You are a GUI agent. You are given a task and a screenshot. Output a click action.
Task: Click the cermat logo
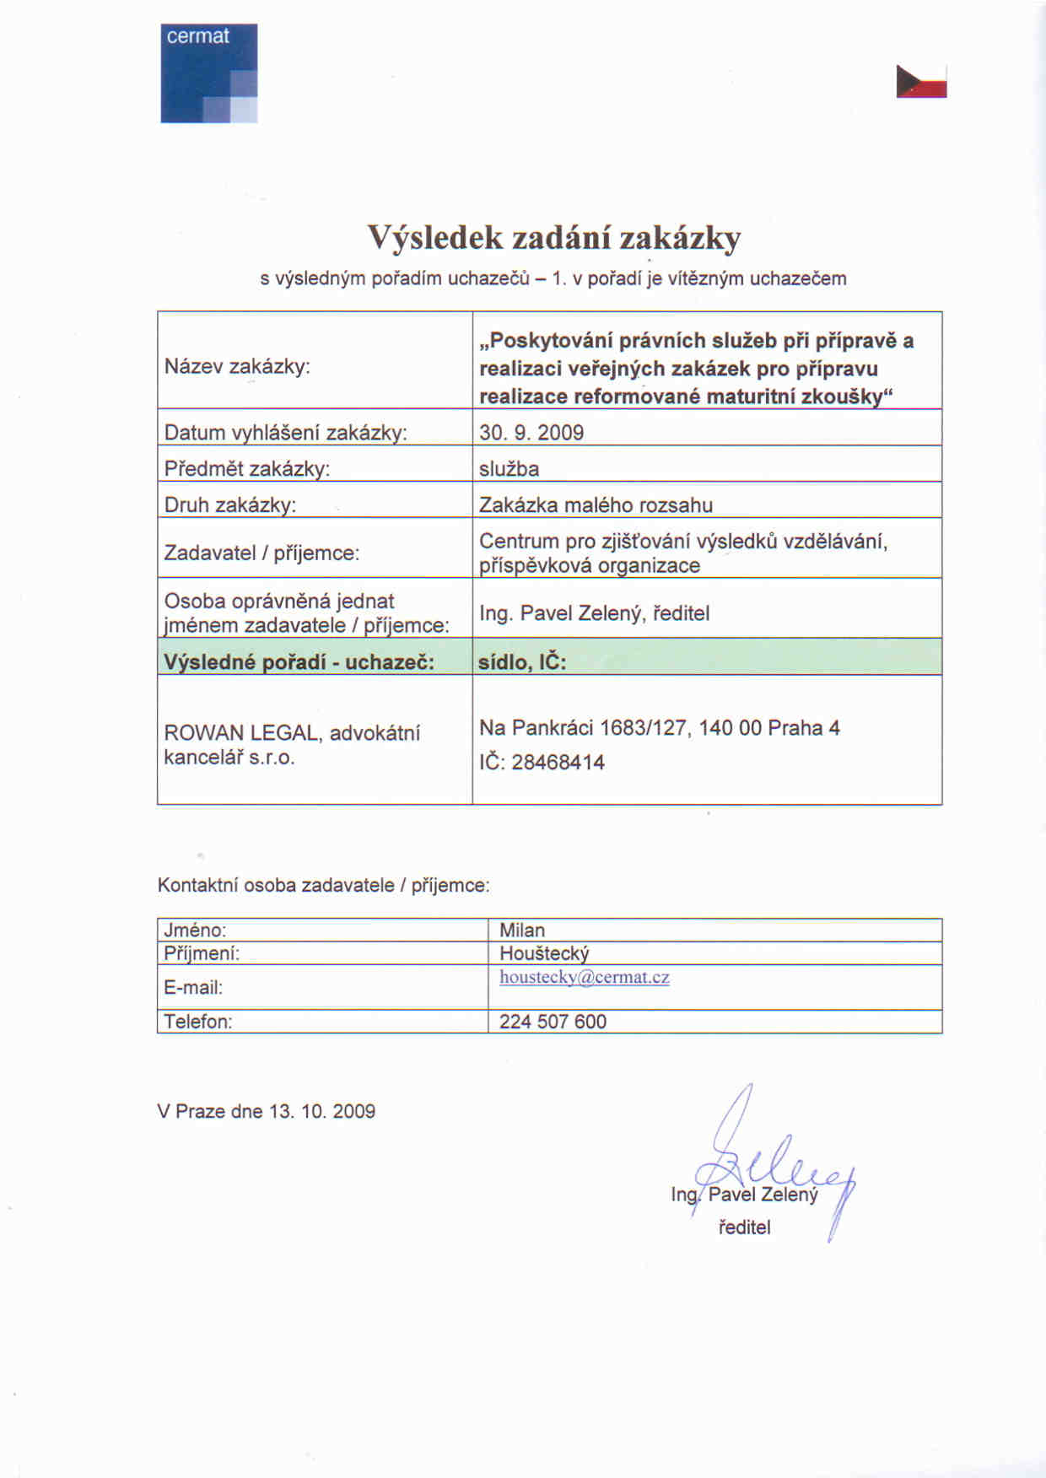click(x=208, y=73)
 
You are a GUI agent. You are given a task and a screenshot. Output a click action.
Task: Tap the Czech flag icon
click(x=921, y=81)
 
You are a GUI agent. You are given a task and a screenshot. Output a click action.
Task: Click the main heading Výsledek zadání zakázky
click(x=553, y=238)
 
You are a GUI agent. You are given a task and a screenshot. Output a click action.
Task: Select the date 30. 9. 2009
click(x=531, y=433)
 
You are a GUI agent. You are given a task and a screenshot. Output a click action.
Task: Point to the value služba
click(x=509, y=469)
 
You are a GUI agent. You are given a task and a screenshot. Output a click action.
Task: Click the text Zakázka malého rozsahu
click(x=596, y=505)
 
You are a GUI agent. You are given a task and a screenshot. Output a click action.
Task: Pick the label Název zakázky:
click(x=237, y=367)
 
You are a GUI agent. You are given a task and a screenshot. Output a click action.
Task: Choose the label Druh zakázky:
click(x=230, y=505)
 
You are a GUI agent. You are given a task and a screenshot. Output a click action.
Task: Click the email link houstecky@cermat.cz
click(x=584, y=978)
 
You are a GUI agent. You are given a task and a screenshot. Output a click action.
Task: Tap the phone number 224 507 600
click(x=553, y=1022)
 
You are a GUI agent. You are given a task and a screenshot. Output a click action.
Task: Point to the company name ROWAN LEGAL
click(x=241, y=733)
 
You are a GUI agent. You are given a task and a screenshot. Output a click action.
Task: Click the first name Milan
click(x=522, y=930)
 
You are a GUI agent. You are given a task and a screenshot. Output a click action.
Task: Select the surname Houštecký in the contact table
click(x=544, y=953)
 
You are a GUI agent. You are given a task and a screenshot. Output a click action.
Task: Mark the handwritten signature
click(x=772, y=1164)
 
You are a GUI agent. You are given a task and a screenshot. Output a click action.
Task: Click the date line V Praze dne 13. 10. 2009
click(x=266, y=1111)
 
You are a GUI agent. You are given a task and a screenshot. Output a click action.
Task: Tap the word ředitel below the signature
click(x=744, y=1227)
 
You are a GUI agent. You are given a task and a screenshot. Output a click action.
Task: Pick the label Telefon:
click(x=197, y=1022)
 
